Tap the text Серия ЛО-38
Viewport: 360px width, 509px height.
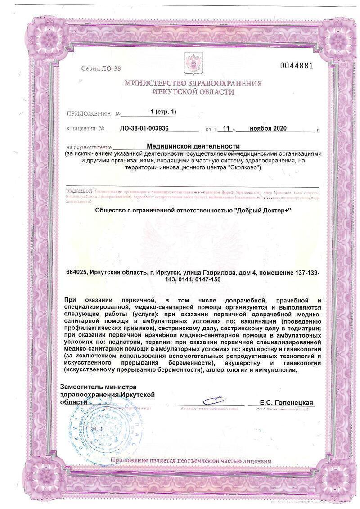click(x=101, y=68)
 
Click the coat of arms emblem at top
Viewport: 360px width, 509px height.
click(x=193, y=63)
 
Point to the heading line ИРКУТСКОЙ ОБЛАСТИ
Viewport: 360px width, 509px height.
click(x=193, y=91)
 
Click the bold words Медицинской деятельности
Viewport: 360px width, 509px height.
click(x=193, y=146)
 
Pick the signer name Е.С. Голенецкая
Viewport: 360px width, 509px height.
click(x=286, y=402)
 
